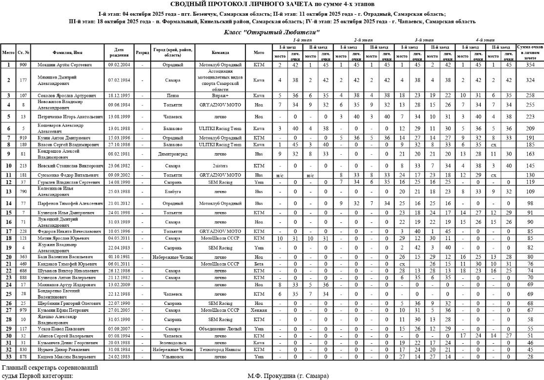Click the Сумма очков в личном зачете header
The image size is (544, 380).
click(530, 52)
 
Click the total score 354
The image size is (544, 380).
click(530, 64)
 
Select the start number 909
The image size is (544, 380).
click(23, 64)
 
